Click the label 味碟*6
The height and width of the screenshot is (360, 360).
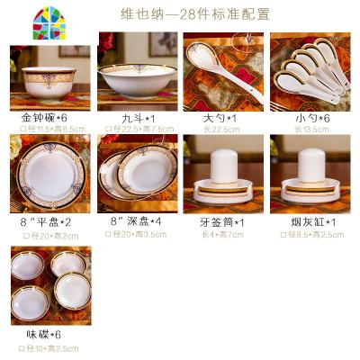point(42,336)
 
